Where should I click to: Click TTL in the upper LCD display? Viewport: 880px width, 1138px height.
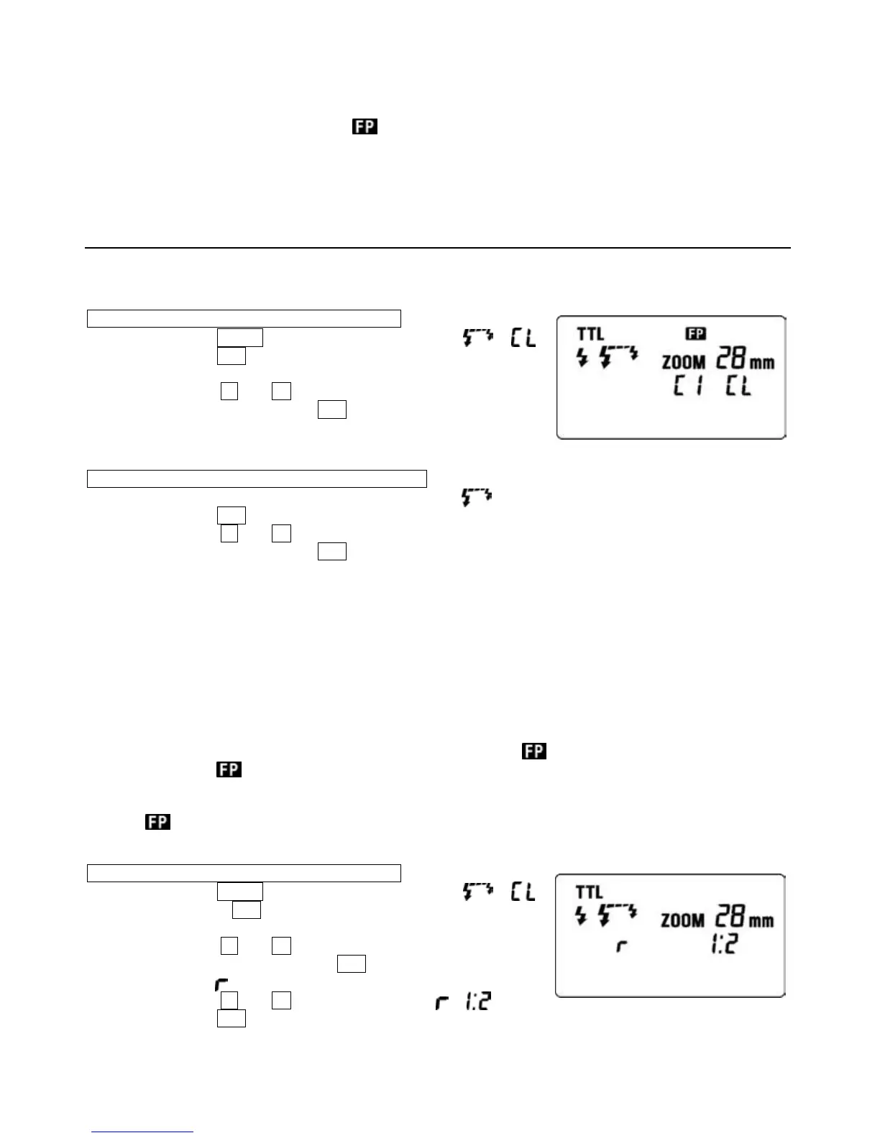coord(590,334)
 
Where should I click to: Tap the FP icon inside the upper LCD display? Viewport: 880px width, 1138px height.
coord(695,333)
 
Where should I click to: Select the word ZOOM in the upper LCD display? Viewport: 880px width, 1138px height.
coord(683,362)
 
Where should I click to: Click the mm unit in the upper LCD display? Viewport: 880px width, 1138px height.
coord(762,363)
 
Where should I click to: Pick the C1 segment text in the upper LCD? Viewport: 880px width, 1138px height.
coord(687,388)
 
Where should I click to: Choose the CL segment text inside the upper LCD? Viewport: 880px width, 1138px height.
coord(738,388)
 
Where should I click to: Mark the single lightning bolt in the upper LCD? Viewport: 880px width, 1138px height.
coord(582,358)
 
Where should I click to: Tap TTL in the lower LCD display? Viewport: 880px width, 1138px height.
coord(589,892)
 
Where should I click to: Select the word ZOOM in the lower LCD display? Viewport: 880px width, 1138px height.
coord(682,920)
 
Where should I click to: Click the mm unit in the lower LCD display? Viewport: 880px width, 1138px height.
coord(761,921)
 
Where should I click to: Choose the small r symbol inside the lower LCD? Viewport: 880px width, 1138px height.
coord(622,947)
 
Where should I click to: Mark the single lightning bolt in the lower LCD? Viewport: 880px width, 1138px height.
coord(582,916)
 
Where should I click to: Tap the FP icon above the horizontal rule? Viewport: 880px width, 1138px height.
coord(365,127)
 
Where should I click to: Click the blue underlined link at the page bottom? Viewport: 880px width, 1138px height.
coord(142,1132)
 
